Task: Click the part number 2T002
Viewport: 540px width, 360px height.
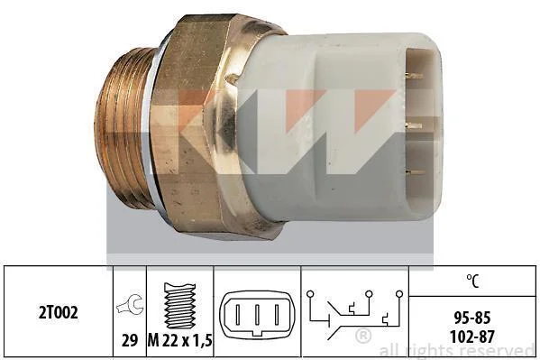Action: coord(59,312)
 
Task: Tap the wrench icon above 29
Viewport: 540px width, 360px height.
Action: coord(130,305)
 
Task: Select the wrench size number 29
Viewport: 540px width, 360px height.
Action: coord(130,341)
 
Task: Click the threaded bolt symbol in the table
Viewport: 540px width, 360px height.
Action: coord(179,305)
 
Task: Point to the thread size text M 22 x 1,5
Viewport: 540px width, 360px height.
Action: coord(179,341)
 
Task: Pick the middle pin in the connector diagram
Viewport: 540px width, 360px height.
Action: coord(257,314)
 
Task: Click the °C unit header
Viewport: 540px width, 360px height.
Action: coord(473,281)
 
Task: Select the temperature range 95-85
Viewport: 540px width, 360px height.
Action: coord(471,318)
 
